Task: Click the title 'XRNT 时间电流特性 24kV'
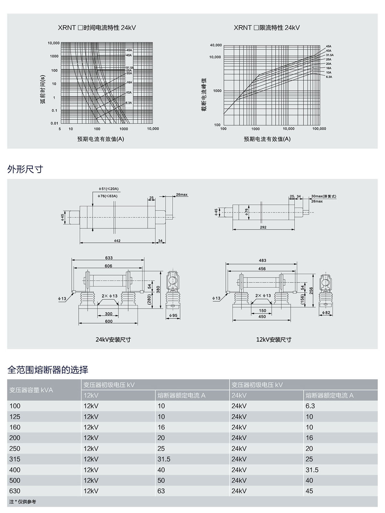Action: pyautogui.click(x=97, y=28)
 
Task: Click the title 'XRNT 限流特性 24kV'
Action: pyautogui.click(x=267, y=28)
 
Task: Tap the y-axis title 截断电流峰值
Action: pyautogui.click(x=204, y=95)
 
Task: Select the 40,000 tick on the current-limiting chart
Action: pyautogui.click(x=216, y=45)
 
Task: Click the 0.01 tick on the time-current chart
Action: pyautogui.click(x=54, y=123)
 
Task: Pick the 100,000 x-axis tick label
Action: pyautogui.click(x=319, y=129)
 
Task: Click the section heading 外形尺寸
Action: pyautogui.click(x=25, y=169)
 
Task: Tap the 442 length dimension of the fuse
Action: pyautogui.click(x=117, y=241)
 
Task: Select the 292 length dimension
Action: pyautogui.click(x=263, y=227)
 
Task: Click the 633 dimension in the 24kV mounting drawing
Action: pyautogui.click(x=109, y=258)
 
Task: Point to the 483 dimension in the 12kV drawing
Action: pyautogui.click(x=262, y=261)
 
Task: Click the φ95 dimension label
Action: pyautogui.click(x=173, y=316)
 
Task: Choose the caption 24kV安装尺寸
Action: pyautogui.click(x=113, y=340)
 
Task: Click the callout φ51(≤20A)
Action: pyautogui.click(x=108, y=189)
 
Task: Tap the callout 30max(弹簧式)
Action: pyautogui.click(x=324, y=196)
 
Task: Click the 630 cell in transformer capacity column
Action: pyautogui.click(x=15, y=491)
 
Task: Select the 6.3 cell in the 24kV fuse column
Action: pyautogui.click(x=310, y=406)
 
